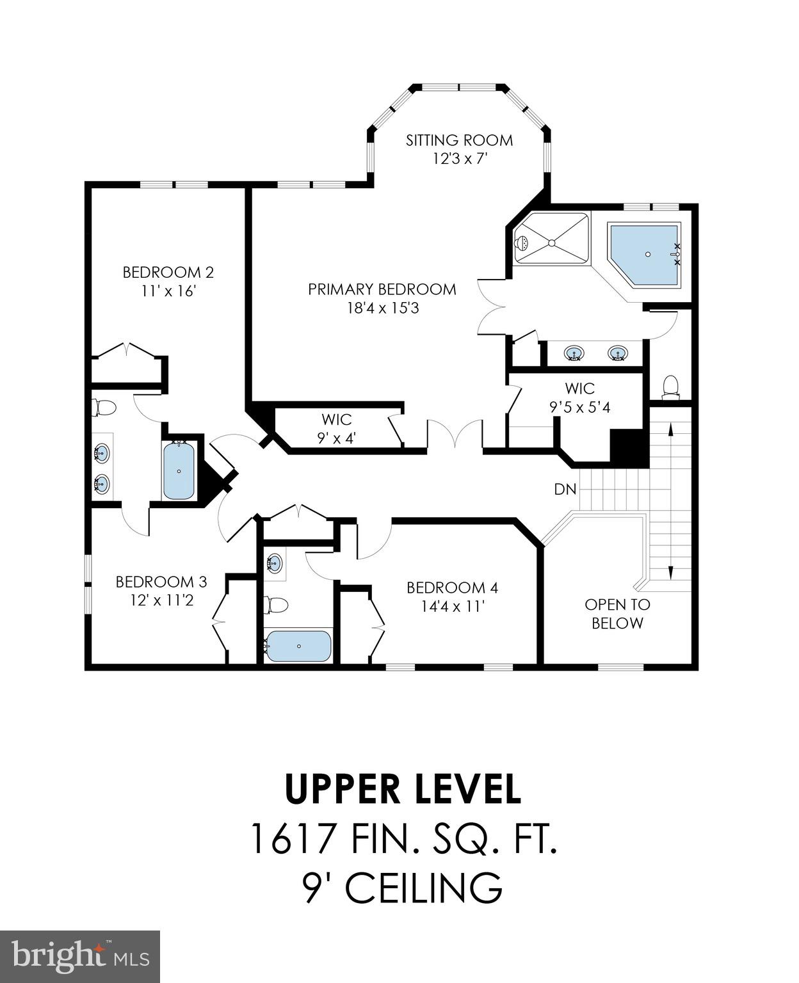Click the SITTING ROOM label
tap(459, 140)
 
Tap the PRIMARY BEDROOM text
tap(382, 289)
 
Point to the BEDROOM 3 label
tap(161, 582)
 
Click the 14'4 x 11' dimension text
tap(453, 606)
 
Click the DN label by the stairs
tap(565, 490)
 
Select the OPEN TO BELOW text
tap(617, 614)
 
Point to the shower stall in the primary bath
tap(551, 237)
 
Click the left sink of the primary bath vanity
tap(574, 353)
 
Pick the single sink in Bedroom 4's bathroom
tap(274, 563)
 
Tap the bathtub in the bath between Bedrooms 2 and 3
tap(178, 471)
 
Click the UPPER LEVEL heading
tap(403, 789)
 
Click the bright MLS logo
tap(80, 956)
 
